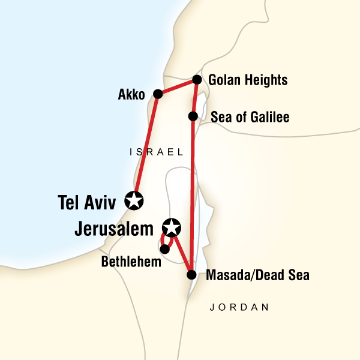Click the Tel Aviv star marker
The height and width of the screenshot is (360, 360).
coord(134,200)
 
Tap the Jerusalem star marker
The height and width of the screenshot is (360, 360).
coord(172,227)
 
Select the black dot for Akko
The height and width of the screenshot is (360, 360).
coord(158,94)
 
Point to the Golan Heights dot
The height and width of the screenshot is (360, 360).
coord(196,80)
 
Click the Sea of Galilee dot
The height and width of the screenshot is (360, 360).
coord(193,116)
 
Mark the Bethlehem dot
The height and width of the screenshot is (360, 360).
coord(164,248)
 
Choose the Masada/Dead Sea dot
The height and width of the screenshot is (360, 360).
coord(191,275)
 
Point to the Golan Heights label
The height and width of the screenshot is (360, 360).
coord(248,80)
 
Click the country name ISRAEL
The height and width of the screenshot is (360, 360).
coord(156,153)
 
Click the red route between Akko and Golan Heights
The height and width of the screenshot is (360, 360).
coord(177,87)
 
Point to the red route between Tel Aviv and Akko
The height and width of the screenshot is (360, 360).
coord(146,147)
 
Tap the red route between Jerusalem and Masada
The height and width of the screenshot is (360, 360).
coord(182,251)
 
